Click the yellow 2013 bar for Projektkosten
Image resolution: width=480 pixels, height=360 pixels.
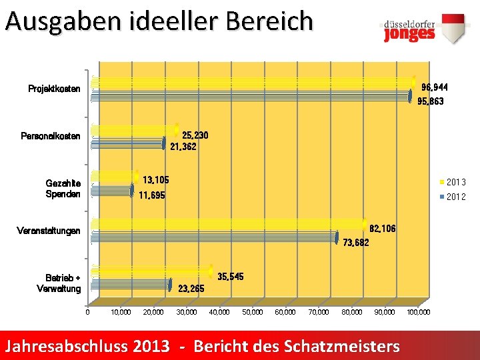pyautogui.click(x=253, y=83)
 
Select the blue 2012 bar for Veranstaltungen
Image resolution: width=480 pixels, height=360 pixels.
pyautogui.click(x=215, y=238)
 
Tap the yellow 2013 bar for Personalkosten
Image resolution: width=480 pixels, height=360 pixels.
pyautogui.click(x=135, y=130)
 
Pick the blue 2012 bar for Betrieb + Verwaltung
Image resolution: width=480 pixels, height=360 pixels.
pyautogui.click(x=131, y=285)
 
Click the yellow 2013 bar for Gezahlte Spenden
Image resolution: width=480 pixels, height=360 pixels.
pyautogui.click(x=115, y=177)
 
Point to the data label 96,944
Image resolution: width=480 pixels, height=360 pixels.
pyautogui.click(x=435, y=87)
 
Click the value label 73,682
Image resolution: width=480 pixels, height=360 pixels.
pyautogui.click(x=356, y=243)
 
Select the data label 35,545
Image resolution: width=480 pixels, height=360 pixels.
pyautogui.click(x=231, y=277)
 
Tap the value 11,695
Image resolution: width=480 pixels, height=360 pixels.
pyautogui.click(x=152, y=195)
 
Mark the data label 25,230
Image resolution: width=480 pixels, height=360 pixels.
pyautogui.click(x=195, y=135)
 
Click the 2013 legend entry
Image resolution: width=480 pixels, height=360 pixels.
pyautogui.click(x=453, y=182)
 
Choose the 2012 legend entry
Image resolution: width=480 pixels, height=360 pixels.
pyautogui.click(x=453, y=197)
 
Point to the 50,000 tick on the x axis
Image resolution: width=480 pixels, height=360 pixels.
pyautogui.click(x=253, y=312)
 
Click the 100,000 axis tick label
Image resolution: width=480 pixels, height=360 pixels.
pyautogui.click(x=419, y=312)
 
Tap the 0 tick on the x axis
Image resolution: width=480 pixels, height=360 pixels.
pyautogui.click(x=88, y=312)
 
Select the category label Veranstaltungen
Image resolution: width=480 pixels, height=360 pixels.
pyautogui.click(x=49, y=231)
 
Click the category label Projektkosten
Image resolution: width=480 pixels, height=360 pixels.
pyautogui.click(x=54, y=89)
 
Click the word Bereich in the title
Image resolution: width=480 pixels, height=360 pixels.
pyautogui.click(x=270, y=21)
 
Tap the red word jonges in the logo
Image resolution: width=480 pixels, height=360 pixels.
pyautogui.click(x=409, y=34)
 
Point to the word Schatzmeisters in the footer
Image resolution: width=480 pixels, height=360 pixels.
pyautogui.click(x=342, y=346)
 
